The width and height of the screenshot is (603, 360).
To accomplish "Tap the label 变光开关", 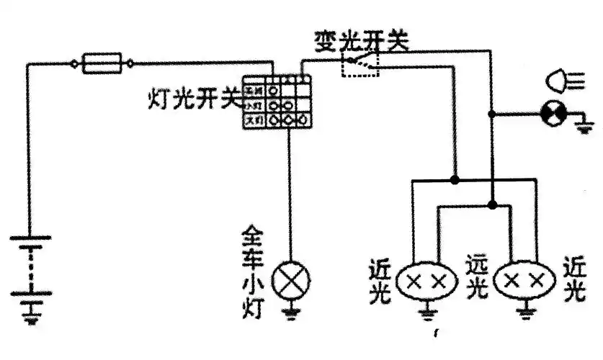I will [361, 41].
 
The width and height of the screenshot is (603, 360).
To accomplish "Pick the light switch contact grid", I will [277, 104].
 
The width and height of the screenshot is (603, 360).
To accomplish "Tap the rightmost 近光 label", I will [574, 279].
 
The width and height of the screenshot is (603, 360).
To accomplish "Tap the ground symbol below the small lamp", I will [291, 313].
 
